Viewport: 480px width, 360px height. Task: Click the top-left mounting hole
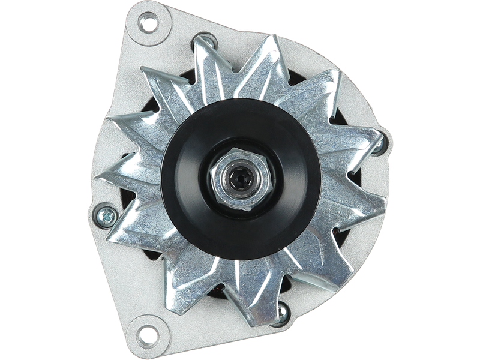point(146,25)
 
